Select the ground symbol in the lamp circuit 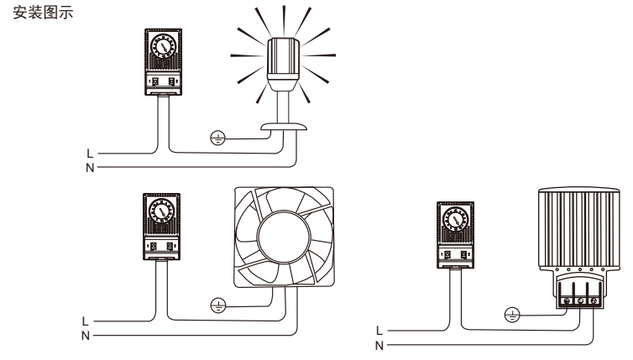click(216, 137)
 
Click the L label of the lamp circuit click(90, 154)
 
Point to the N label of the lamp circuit click(90, 166)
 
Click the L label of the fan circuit click(85, 321)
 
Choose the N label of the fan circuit click(85, 335)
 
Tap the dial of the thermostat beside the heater click(454, 221)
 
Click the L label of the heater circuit click(379, 331)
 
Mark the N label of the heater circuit click(379, 344)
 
